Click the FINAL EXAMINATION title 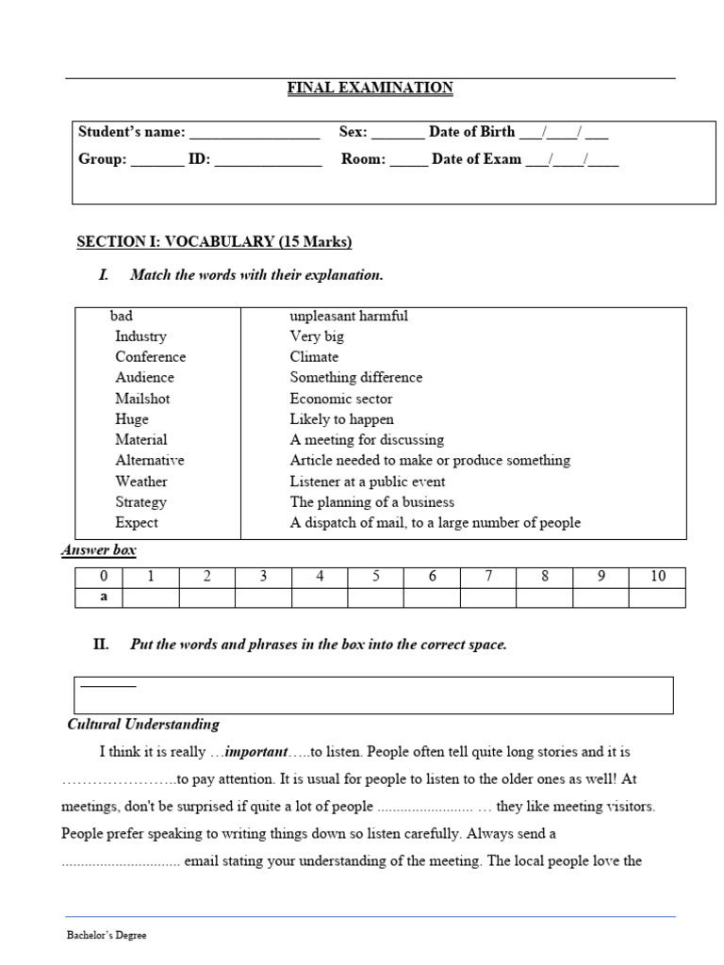click(x=370, y=88)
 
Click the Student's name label click(x=131, y=132)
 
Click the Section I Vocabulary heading click(x=214, y=242)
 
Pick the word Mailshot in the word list click(x=142, y=399)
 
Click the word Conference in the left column click(x=150, y=357)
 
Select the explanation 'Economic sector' click(x=340, y=399)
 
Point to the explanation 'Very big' click(x=317, y=336)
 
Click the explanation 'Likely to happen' click(x=341, y=419)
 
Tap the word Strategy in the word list click(x=140, y=502)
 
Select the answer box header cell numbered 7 click(x=487, y=577)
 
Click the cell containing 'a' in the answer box click(x=104, y=597)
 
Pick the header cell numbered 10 click(x=657, y=577)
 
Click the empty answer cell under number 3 click(x=263, y=597)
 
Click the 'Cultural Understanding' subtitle click(x=143, y=725)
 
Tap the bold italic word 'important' click(x=255, y=752)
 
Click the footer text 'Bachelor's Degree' click(x=107, y=936)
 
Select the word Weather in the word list click(x=141, y=482)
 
